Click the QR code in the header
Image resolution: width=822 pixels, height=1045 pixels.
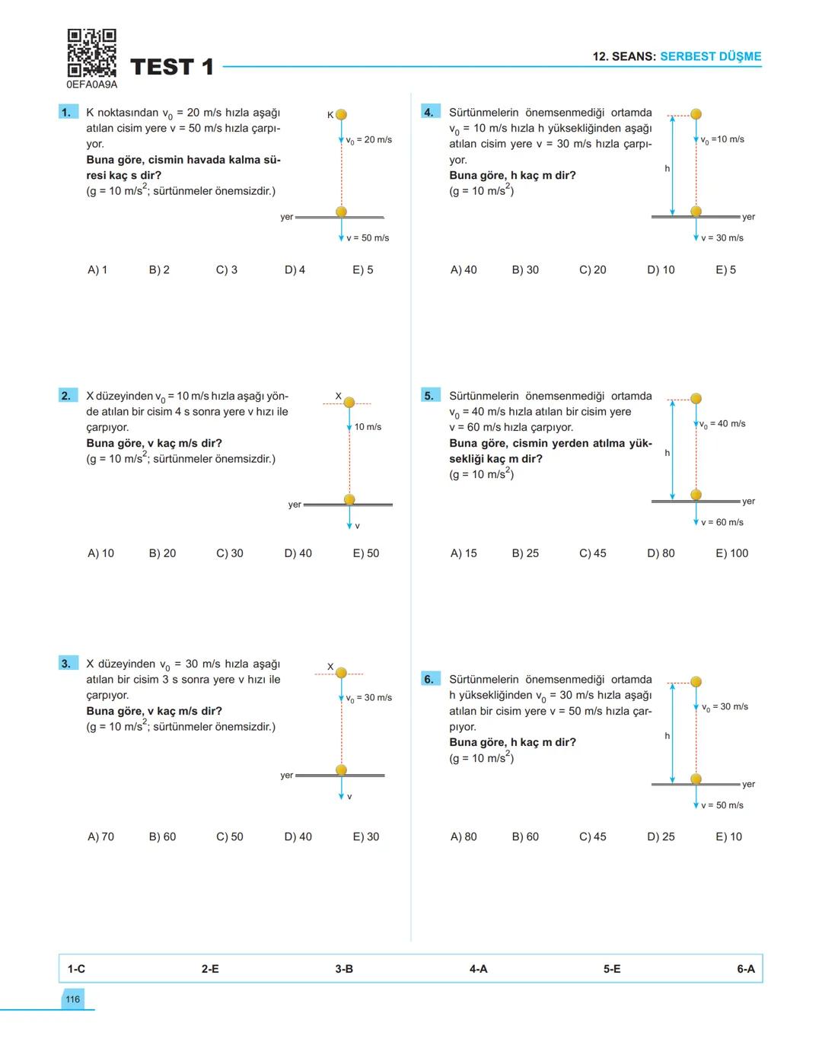pos(91,53)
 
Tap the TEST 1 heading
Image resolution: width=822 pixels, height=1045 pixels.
pos(172,67)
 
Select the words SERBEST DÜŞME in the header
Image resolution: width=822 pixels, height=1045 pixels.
pos(710,56)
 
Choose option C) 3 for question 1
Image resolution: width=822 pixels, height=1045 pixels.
pos(227,269)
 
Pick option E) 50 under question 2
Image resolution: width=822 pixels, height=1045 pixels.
pos(365,553)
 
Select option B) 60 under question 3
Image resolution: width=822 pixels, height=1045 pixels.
pos(162,836)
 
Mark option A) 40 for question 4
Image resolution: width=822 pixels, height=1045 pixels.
pos(464,269)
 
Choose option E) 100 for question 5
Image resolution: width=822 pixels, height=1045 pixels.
pos(731,553)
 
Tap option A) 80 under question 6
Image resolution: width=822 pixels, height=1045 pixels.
pos(464,836)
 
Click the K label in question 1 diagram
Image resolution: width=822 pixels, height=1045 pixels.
pos(330,115)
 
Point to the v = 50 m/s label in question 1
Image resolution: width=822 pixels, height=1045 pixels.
pos(368,238)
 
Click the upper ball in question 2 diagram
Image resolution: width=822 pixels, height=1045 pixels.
pos(349,402)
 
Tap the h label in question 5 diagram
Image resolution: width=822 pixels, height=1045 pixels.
pos(667,453)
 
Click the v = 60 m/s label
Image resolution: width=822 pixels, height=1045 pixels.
pos(722,522)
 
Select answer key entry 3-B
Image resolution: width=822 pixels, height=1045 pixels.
pos(344,969)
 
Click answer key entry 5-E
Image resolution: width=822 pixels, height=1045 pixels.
pos(612,969)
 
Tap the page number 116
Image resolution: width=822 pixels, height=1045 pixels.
pos(72,999)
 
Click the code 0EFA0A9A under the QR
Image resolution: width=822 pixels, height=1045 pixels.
pos(92,84)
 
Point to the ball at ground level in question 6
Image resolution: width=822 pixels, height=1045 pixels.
pos(696,779)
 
